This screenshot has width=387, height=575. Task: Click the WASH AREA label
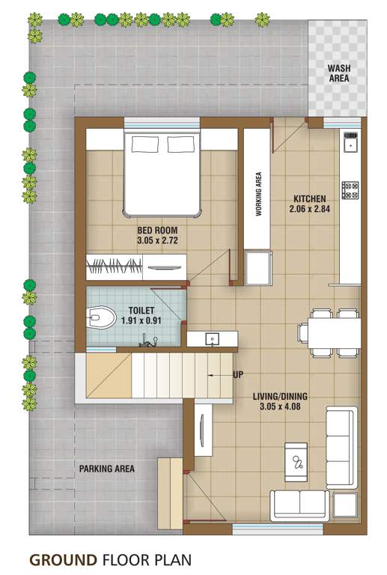pos(339,73)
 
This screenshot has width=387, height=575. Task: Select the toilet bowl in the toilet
pos(102,317)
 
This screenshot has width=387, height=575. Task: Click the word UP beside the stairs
pos(239,374)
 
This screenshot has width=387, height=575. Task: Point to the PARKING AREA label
pos(107,469)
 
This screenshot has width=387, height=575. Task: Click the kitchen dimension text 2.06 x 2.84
pos(309,210)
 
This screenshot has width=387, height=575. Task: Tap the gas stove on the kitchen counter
pos(350,189)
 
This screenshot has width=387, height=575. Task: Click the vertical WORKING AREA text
pos(259,194)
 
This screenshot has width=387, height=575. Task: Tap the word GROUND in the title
pos(63,559)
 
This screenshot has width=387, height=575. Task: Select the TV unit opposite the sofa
pos(204,433)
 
